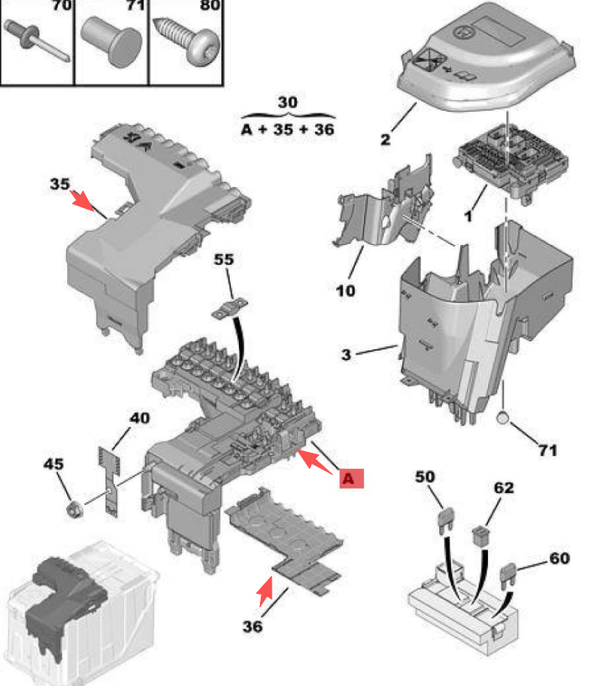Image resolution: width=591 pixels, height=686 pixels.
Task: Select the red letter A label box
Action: [x=350, y=477]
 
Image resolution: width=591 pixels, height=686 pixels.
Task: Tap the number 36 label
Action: [x=252, y=626]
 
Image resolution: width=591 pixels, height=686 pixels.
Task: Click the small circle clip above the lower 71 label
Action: [x=503, y=419]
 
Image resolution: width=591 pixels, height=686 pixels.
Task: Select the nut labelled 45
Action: [x=73, y=507]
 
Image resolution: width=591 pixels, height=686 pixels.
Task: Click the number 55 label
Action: [x=224, y=260]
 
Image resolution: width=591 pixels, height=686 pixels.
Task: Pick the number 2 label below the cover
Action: [x=385, y=139]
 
